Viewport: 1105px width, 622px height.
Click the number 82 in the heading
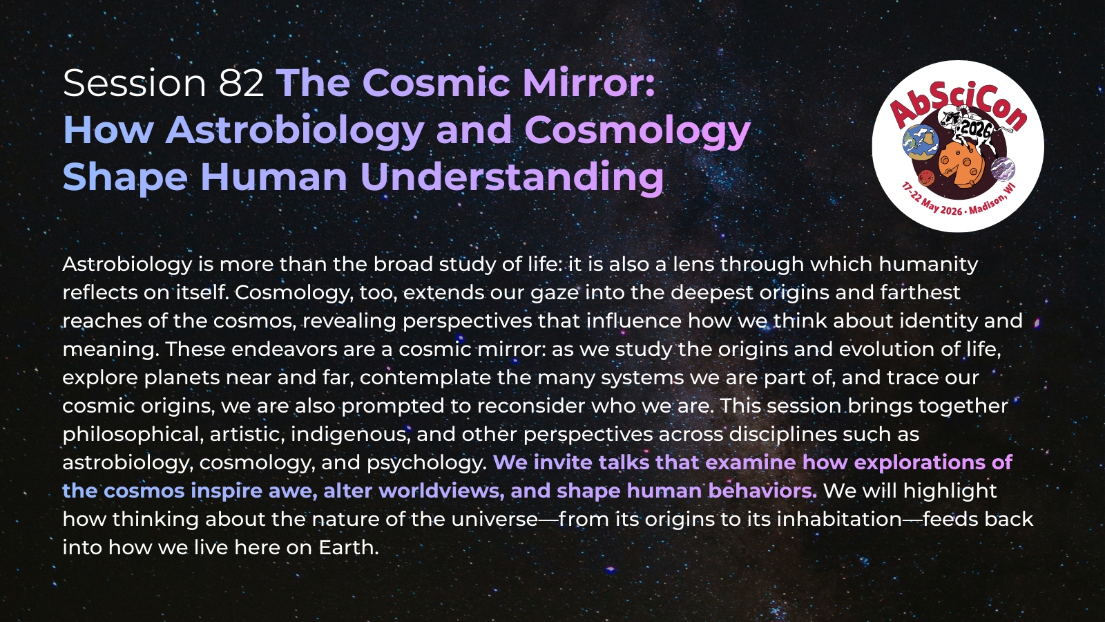tap(241, 83)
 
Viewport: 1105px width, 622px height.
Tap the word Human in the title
tap(274, 177)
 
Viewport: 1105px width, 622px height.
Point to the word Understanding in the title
tap(512, 178)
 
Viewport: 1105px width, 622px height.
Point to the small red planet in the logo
tap(926, 177)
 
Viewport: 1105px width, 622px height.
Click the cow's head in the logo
tap(948, 118)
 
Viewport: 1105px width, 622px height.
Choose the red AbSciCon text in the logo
tap(959, 104)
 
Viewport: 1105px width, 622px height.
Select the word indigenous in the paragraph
tap(352, 435)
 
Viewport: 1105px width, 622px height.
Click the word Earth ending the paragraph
tap(348, 547)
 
